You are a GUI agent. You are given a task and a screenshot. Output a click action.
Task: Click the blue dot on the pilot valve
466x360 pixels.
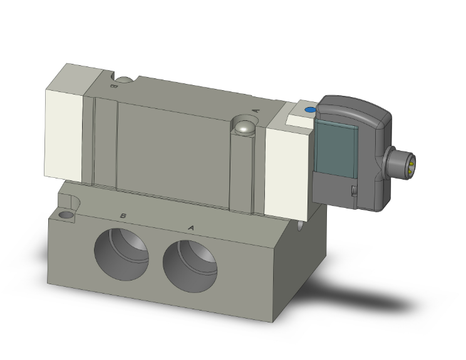pos(309,111)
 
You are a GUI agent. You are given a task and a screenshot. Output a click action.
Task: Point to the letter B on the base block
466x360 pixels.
pos(124,216)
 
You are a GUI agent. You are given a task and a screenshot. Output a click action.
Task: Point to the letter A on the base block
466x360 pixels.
pos(190,227)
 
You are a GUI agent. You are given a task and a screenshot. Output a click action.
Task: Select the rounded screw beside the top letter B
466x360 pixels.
pos(127,80)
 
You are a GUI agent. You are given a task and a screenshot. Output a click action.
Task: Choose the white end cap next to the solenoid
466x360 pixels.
pos(288,168)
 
